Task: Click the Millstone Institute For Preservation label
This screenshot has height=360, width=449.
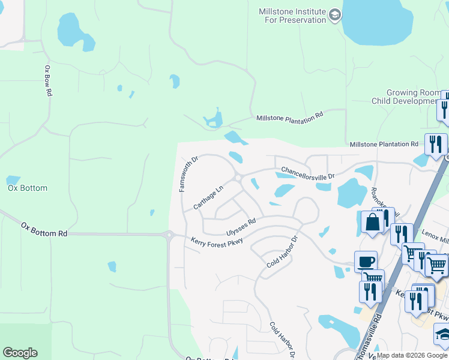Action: (x=292, y=16)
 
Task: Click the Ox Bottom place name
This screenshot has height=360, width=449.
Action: (x=27, y=188)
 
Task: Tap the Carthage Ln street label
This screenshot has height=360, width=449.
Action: (x=208, y=197)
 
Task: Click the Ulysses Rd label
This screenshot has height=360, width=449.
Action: (x=241, y=226)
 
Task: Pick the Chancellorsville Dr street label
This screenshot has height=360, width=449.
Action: (x=307, y=173)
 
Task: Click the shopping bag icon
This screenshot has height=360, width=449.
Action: (x=372, y=223)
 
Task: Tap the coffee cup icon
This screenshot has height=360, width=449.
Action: (x=366, y=262)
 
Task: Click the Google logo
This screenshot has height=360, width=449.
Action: (x=20, y=353)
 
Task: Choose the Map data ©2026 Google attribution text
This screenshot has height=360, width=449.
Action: (x=412, y=355)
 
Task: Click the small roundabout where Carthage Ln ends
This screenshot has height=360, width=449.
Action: (x=238, y=178)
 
